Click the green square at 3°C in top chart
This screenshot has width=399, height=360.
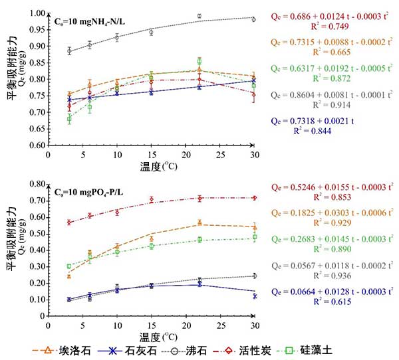click(x=69, y=120)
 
